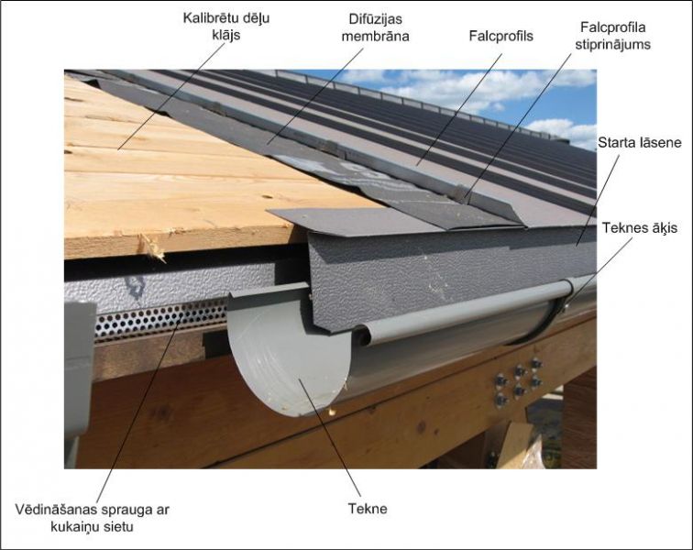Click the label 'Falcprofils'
pos(501,36)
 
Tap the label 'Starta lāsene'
pos(640,142)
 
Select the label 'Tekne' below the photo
pos(368,509)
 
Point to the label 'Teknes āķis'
pos(640,227)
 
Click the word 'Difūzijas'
pos(375,19)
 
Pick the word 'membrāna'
pos(375,37)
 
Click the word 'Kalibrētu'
pos(207,18)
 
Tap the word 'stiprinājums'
pos(612,45)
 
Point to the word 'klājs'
pos(226,36)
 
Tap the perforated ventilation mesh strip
pos(160,317)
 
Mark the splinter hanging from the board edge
pos(152,248)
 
